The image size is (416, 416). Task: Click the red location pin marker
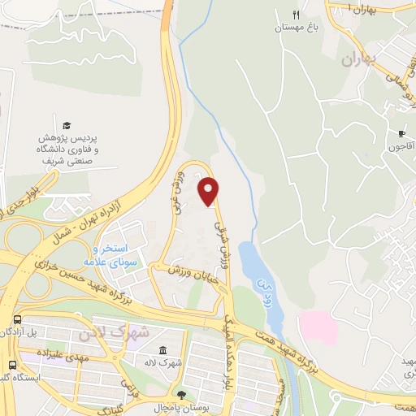point(210,190)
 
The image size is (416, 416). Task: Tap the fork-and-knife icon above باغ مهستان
point(297,15)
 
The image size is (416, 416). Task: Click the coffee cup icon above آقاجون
point(401,134)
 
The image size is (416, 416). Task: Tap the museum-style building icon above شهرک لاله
point(162,349)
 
